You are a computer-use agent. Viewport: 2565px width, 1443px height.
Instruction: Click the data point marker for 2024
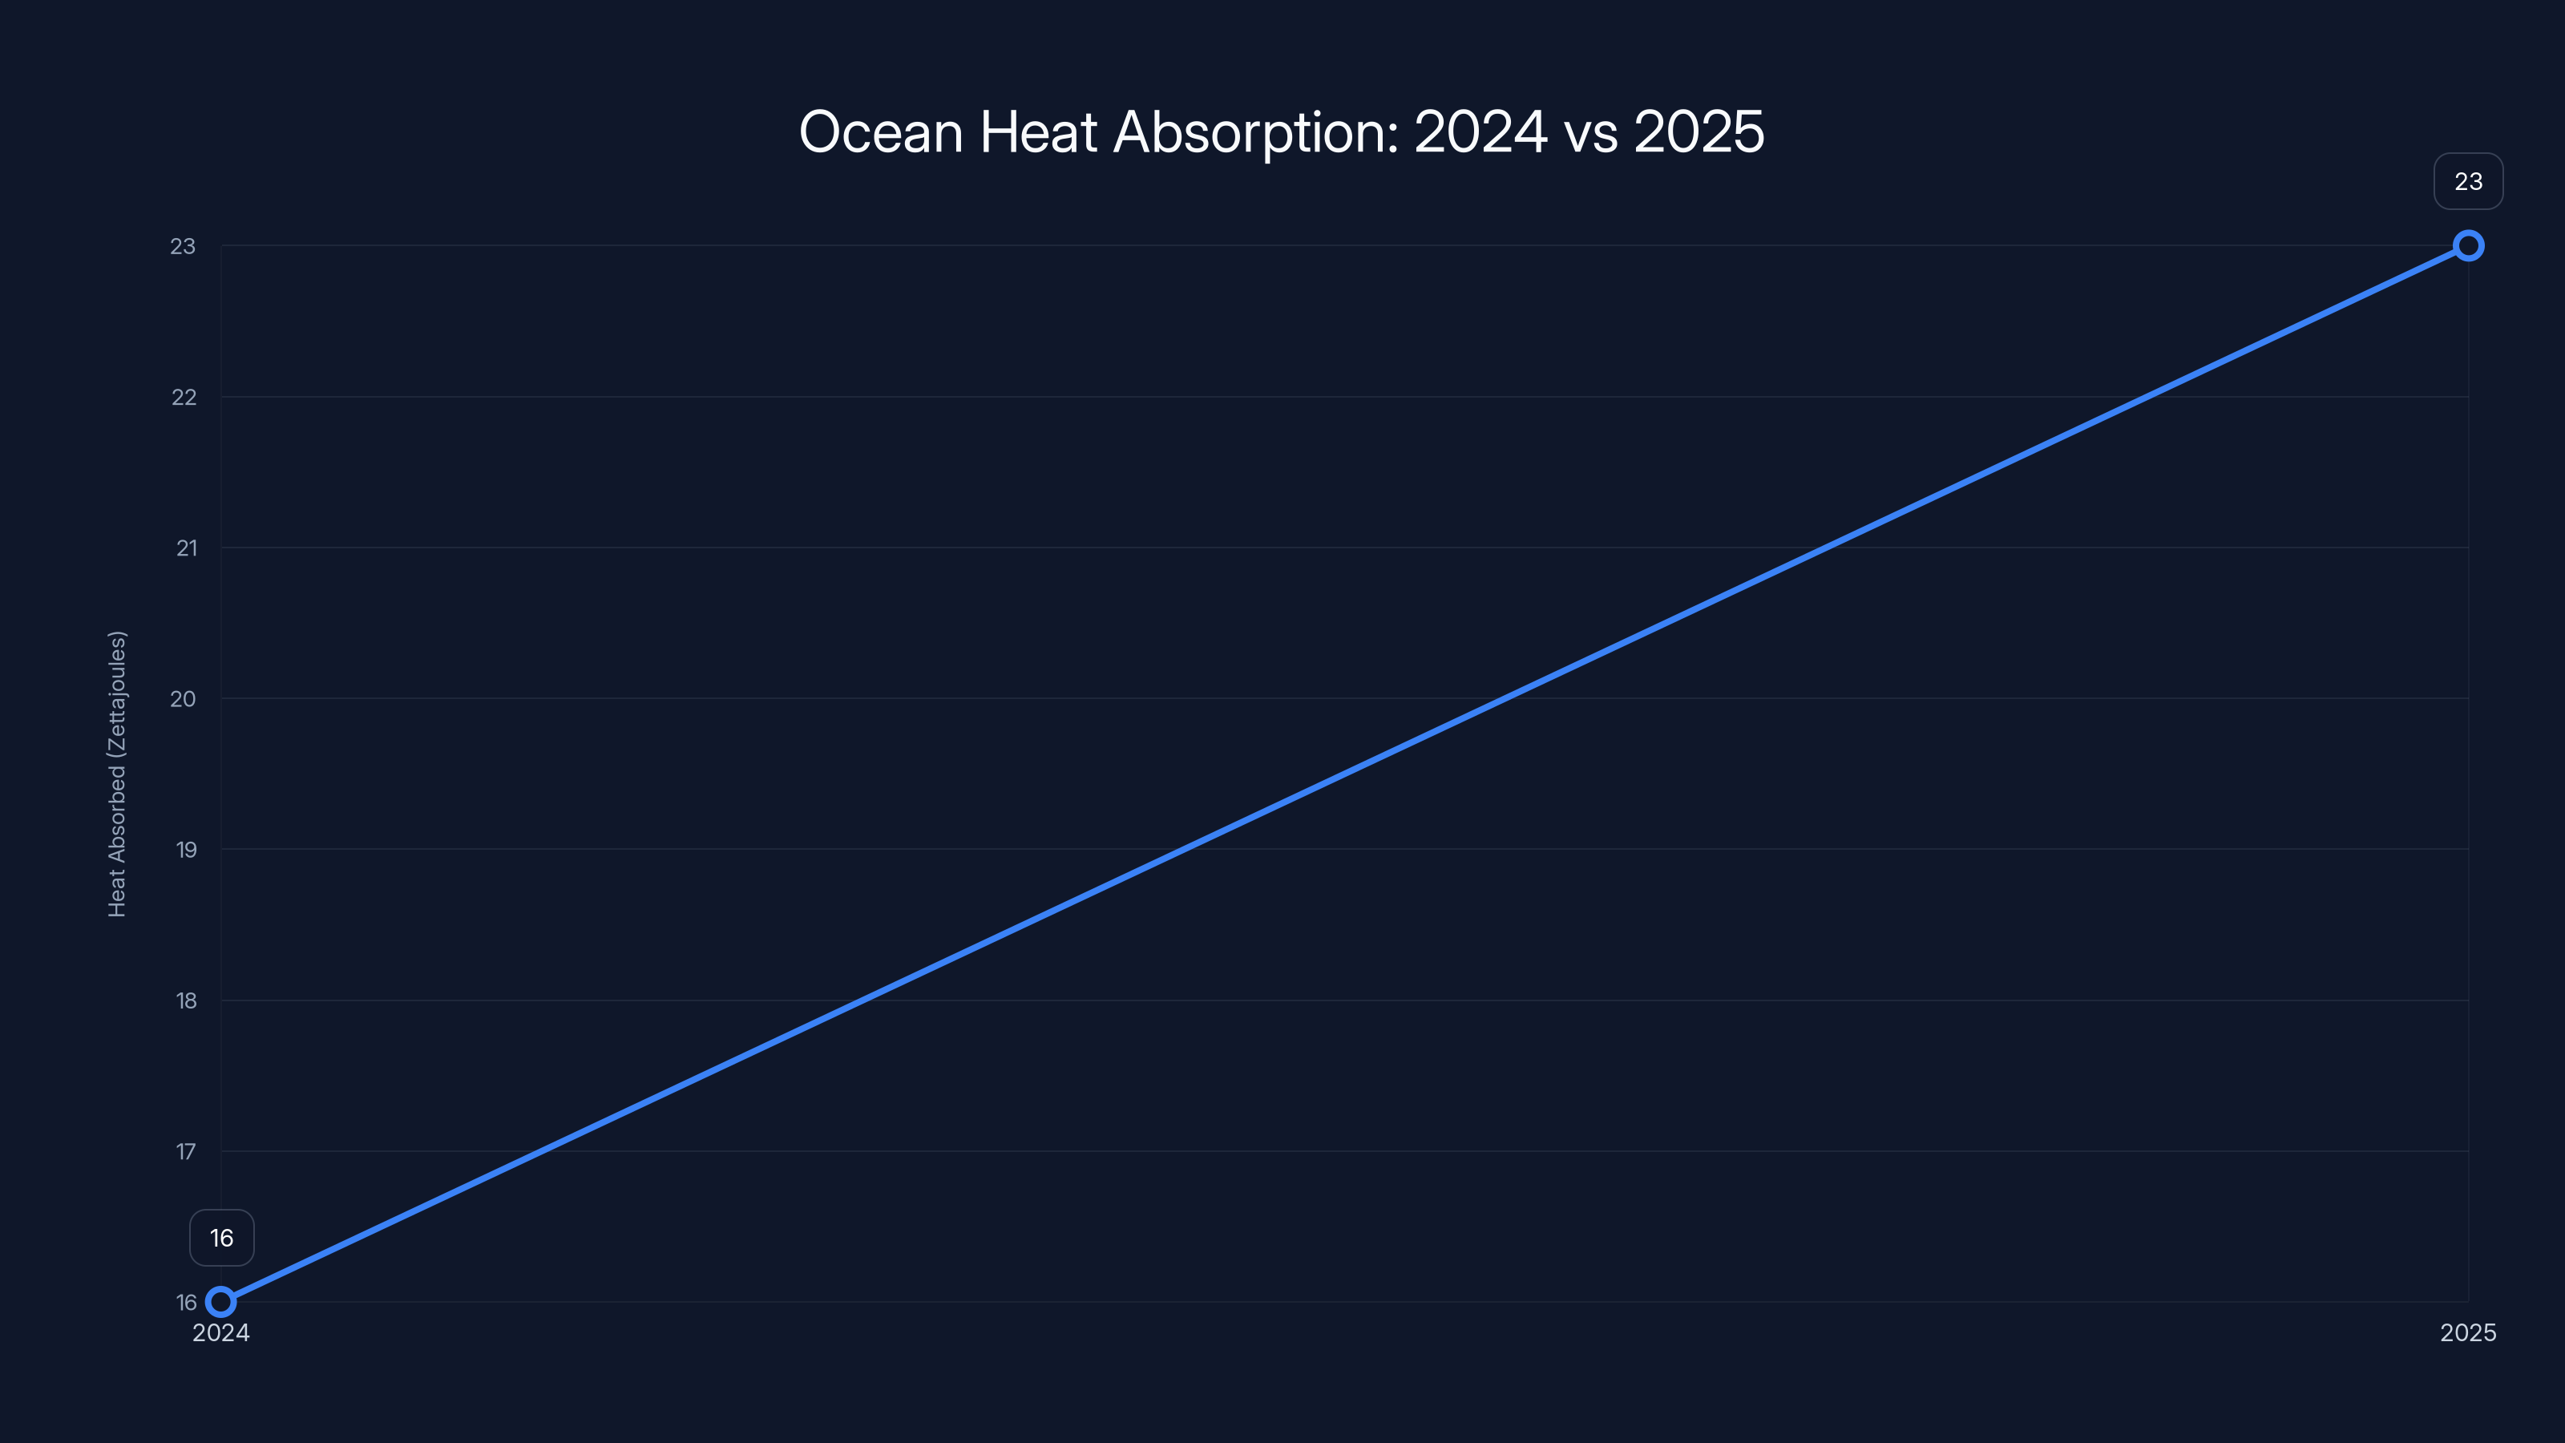(x=221, y=1302)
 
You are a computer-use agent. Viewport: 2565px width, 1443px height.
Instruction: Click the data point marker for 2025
(x=2469, y=246)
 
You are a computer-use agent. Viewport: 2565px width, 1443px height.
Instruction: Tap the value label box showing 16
(x=222, y=1238)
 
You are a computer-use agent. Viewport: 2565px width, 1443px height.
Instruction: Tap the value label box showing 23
(x=2469, y=181)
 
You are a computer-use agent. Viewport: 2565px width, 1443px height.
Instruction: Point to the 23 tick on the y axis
(x=184, y=246)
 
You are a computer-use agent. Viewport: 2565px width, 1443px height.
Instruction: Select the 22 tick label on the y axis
(x=184, y=398)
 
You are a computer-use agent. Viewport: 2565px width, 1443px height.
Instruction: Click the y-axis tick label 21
(x=186, y=548)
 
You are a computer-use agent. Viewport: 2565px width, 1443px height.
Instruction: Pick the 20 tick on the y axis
(x=184, y=699)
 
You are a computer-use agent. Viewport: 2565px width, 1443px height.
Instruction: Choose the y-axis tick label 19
(x=186, y=850)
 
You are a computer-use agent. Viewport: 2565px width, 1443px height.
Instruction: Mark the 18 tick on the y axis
(x=186, y=1000)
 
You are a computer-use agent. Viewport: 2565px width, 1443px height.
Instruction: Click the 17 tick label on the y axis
(x=186, y=1152)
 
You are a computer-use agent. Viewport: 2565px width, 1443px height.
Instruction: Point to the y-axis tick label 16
(x=186, y=1303)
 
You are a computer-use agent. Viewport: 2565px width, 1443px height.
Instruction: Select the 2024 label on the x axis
(x=221, y=1333)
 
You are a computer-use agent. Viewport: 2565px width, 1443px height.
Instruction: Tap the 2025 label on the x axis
(x=2469, y=1333)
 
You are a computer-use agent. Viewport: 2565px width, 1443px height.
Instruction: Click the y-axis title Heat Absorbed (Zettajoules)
(x=118, y=774)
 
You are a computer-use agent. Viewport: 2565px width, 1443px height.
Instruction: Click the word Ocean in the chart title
(x=881, y=132)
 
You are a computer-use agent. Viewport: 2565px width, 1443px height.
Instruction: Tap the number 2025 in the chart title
(x=1699, y=132)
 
